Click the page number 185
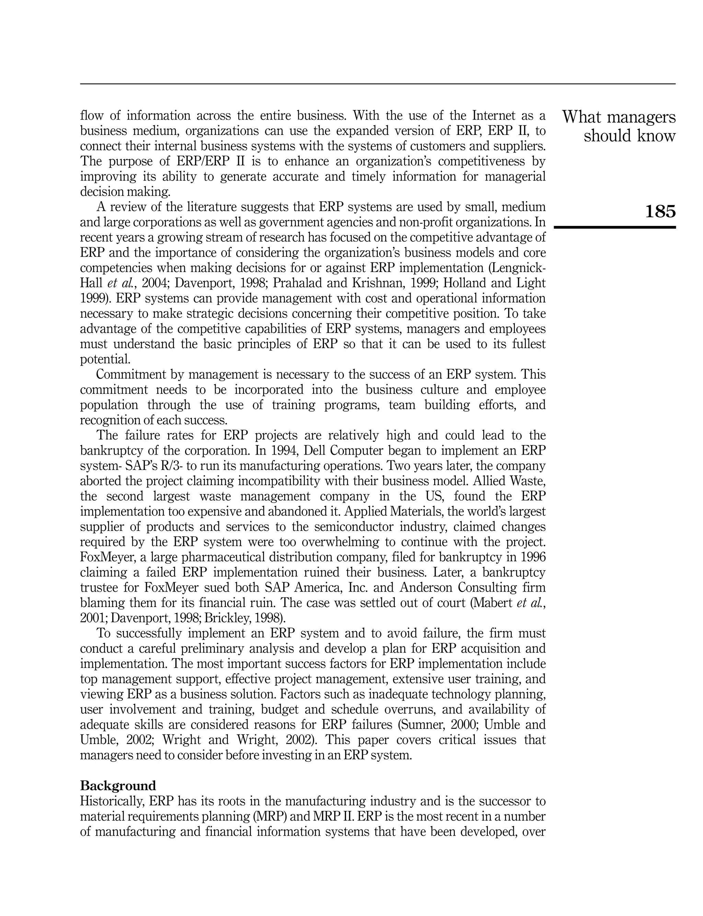(660, 212)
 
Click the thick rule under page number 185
(614, 227)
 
